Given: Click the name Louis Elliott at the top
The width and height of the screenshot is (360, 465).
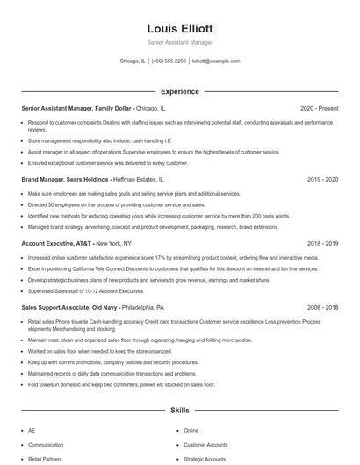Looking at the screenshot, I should pyautogui.click(x=180, y=28).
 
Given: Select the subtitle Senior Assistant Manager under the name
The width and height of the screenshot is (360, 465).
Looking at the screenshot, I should pyautogui.click(x=180, y=42).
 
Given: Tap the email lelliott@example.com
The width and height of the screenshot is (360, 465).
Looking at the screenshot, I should pyautogui.click(x=216, y=61).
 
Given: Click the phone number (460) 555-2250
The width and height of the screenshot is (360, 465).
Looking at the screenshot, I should pyautogui.click(x=169, y=61).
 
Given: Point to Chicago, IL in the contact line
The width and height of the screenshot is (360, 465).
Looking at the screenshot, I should pyautogui.click(x=133, y=61).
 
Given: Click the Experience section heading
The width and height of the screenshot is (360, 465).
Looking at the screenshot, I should pyautogui.click(x=180, y=91).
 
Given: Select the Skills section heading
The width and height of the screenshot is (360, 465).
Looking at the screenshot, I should pyautogui.click(x=180, y=410).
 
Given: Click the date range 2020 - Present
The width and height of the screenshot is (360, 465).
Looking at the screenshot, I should pyautogui.click(x=319, y=108).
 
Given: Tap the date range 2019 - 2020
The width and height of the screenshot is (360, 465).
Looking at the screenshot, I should pyautogui.click(x=322, y=178).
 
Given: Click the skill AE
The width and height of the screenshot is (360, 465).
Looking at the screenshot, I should pyautogui.click(x=32, y=431).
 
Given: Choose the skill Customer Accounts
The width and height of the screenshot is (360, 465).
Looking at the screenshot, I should pyautogui.click(x=205, y=445).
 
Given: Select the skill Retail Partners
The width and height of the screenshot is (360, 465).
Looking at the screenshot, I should pyautogui.click(x=45, y=459).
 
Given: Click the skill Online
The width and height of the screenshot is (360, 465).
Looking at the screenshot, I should pyautogui.click(x=191, y=431).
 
